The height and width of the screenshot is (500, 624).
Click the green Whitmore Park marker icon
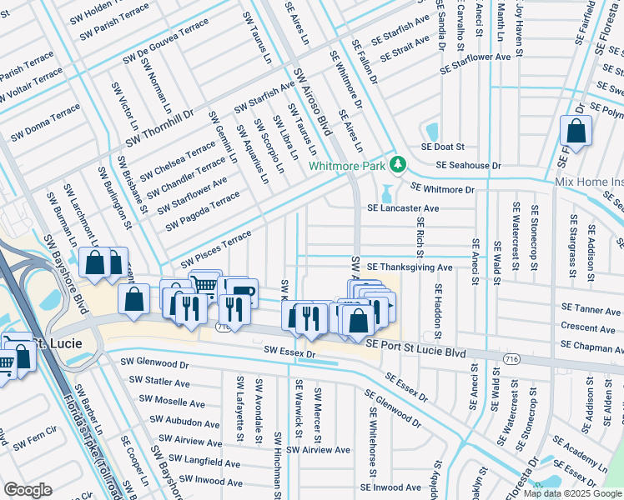[399, 165]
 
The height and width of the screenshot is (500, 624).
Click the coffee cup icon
[243, 295]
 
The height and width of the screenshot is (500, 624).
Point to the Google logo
[28, 490]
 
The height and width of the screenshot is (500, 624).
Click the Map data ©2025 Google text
[572, 493]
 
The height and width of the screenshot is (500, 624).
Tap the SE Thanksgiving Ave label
[410, 267]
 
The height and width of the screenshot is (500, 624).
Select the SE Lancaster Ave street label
[405, 208]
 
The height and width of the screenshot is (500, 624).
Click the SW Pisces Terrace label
[210, 247]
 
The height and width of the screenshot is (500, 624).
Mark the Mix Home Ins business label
[589, 182]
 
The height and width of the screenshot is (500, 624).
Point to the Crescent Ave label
[589, 327]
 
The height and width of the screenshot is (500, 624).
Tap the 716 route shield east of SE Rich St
[511, 357]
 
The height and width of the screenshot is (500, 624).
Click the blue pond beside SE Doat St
[431, 132]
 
